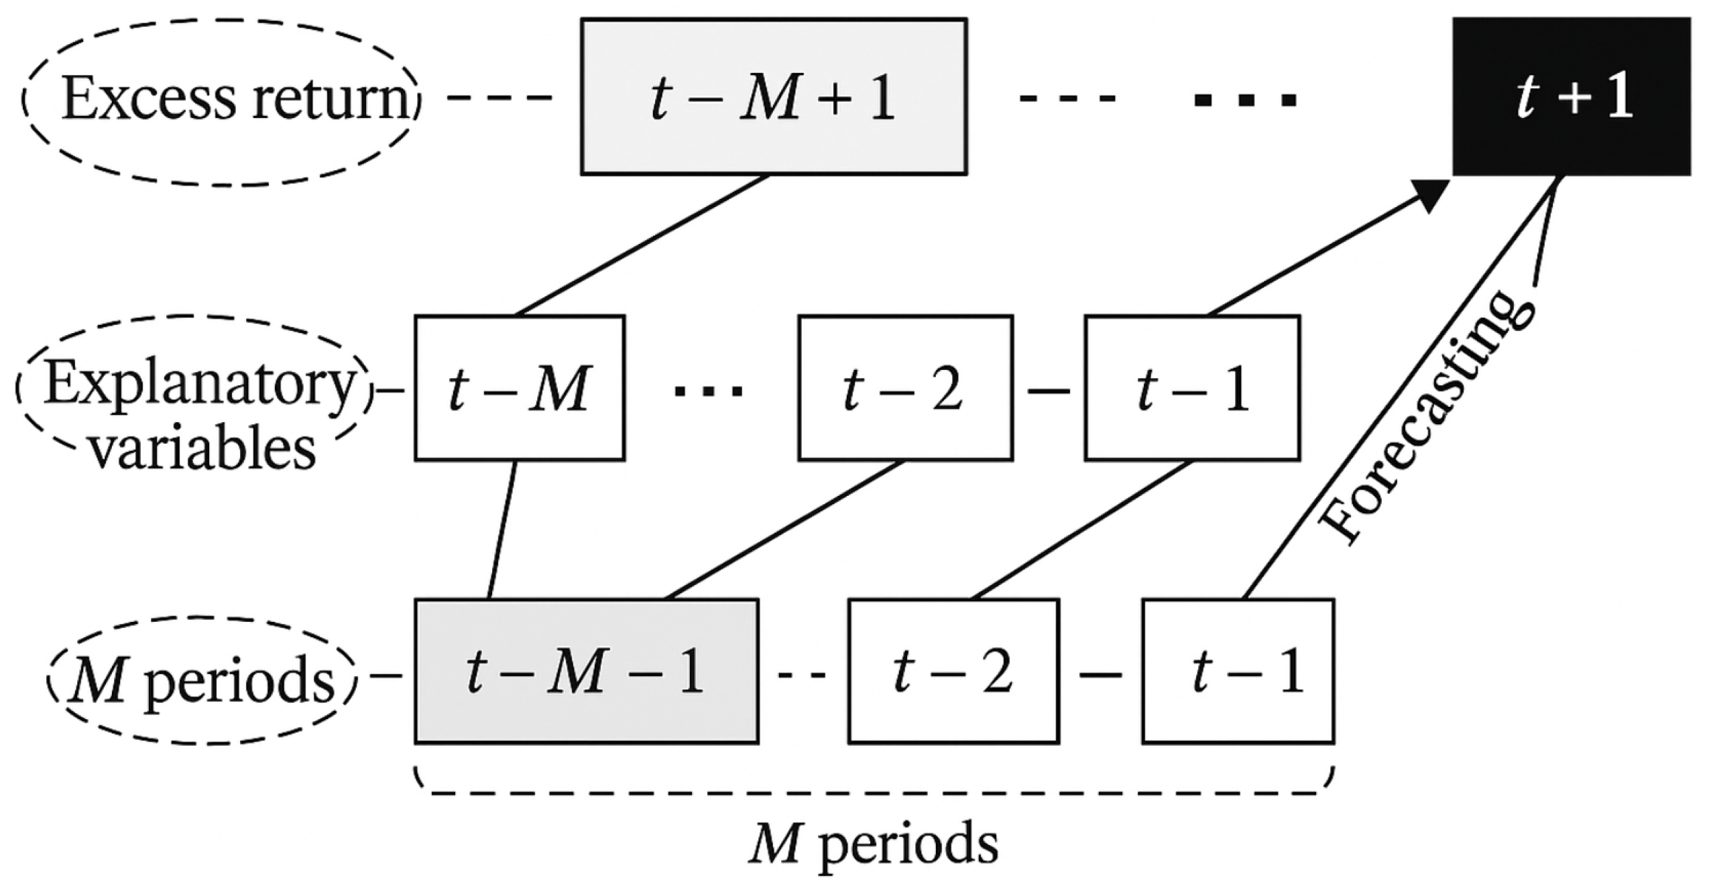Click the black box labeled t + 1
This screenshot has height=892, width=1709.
[1570, 97]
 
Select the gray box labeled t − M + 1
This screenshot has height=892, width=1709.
[773, 97]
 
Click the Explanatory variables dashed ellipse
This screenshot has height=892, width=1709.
[194, 389]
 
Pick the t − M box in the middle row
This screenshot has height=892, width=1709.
[519, 389]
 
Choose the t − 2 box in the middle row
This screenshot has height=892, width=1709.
[904, 389]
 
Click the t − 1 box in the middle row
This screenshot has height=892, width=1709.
[1192, 389]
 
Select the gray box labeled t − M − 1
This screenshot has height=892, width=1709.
[586, 672]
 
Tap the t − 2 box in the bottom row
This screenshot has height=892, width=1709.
[953, 672]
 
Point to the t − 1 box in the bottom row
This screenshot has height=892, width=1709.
[1238, 672]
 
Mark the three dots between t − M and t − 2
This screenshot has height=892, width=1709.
[709, 391]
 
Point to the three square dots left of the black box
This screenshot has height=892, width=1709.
[1246, 101]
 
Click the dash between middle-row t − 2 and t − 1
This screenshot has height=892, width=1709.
[1049, 390]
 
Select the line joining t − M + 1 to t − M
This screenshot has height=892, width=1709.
[642, 245]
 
